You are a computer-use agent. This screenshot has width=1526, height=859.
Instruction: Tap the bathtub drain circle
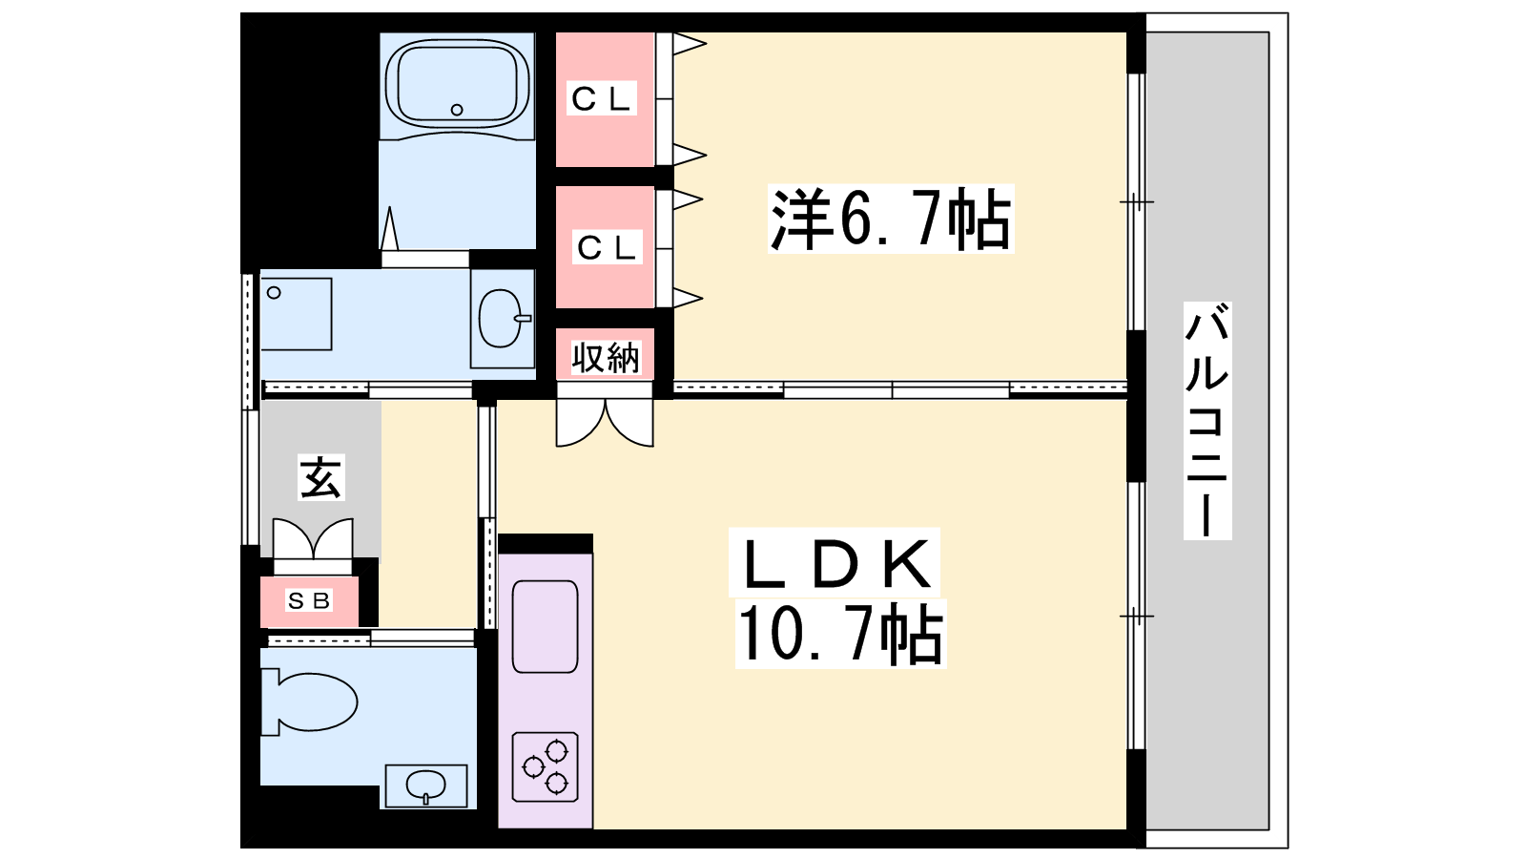pyautogui.click(x=457, y=110)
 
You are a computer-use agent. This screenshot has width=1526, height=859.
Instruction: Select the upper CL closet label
pyautogui.click(x=602, y=99)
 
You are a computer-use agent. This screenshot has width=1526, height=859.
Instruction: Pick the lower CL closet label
pyautogui.click(x=608, y=247)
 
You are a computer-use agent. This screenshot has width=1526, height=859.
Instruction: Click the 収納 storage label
pyautogui.click(x=605, y=357)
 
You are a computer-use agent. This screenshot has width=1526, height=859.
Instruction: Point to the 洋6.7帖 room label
pyautogui.click(x=891, y=219)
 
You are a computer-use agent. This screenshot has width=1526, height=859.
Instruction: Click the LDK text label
pyautogui.click(x=835, y=562)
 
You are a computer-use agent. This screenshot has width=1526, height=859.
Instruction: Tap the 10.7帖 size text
pyautogui.click(x=840, y=634)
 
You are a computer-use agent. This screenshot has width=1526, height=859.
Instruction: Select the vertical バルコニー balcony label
pyautogui.click(x=1207, y=421)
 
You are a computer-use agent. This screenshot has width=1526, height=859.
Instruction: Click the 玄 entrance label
pyautogui.click(x=320, y=476)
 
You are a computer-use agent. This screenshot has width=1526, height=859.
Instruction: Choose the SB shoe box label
pyautogui.click(x=309, y=600)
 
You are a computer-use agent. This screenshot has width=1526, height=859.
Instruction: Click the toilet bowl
pyautogui.click(x=311, y=702)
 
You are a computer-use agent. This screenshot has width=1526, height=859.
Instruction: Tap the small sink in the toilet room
pyautogui.click(x=426, y=786)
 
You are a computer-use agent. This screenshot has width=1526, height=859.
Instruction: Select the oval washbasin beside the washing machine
pyautogui.click(x=502, y=319)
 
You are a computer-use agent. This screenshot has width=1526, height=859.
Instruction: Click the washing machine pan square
pyautogui.click(x=297, y=314)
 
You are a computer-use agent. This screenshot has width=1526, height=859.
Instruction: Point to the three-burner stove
pyautogui.click(x=546, y=766)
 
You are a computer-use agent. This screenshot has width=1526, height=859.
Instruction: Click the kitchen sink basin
pyautogui.click(x=545, y=626)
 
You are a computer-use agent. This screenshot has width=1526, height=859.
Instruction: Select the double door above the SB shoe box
pyautogui.click(x=314, y=538)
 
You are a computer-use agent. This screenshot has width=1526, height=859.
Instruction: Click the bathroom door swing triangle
pyautogui.click(x=389, y=228)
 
